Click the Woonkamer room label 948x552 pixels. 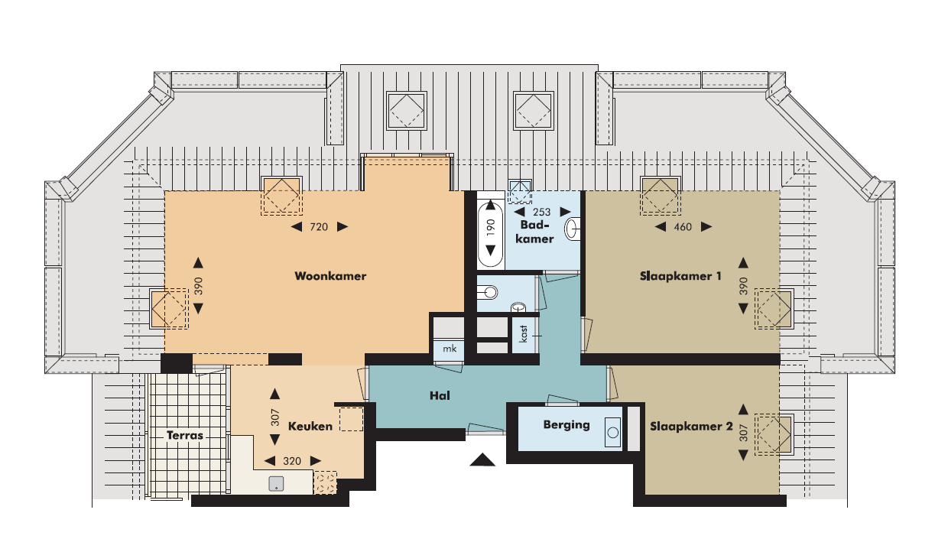(x=330, y=276)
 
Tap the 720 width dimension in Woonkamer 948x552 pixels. (x=319, y=227)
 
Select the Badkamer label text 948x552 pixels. (x=534, y=232)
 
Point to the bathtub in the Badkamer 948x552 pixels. (x=491, y=230)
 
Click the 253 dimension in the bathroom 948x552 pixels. (x=542, y=212)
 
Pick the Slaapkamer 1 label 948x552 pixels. (x=680, y=276)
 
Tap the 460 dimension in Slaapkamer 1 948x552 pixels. (x=683, y=227)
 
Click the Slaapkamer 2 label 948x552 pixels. (x=691, y=427)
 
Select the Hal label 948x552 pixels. (x=440, y=396)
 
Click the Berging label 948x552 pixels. (x=567, y=424)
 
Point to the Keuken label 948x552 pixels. (x=310, y=427)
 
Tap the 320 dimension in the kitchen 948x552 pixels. (x=292, y=461)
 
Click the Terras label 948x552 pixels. (x=185, y=435)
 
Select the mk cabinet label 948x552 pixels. (x=450, y=349)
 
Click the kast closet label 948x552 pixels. (x=524, y=334)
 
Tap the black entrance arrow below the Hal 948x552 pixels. (x=482, y=459)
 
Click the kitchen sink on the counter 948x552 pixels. (x=276, y=484)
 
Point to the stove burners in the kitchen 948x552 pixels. (x=325, y=483)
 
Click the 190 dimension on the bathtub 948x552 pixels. (x=491, y=228)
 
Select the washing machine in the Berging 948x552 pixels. (x=613, y=432)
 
